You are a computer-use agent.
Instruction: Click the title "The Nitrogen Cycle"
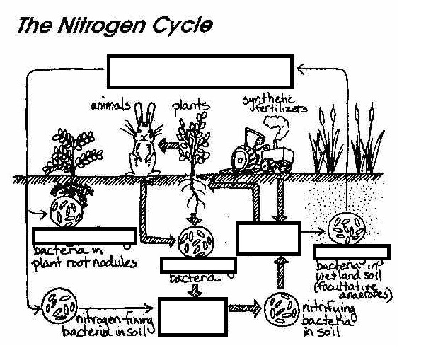coord(114,26)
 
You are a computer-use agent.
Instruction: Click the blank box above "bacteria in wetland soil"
coord(351,252)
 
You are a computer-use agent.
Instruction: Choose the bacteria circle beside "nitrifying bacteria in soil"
coord(281,310)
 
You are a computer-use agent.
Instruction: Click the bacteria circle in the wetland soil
coord(347,228)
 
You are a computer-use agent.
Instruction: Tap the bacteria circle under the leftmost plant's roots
coord(67,207)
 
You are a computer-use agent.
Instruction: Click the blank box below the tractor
coord(268,238)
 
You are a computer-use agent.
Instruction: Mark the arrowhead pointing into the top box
coord(299,68)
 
